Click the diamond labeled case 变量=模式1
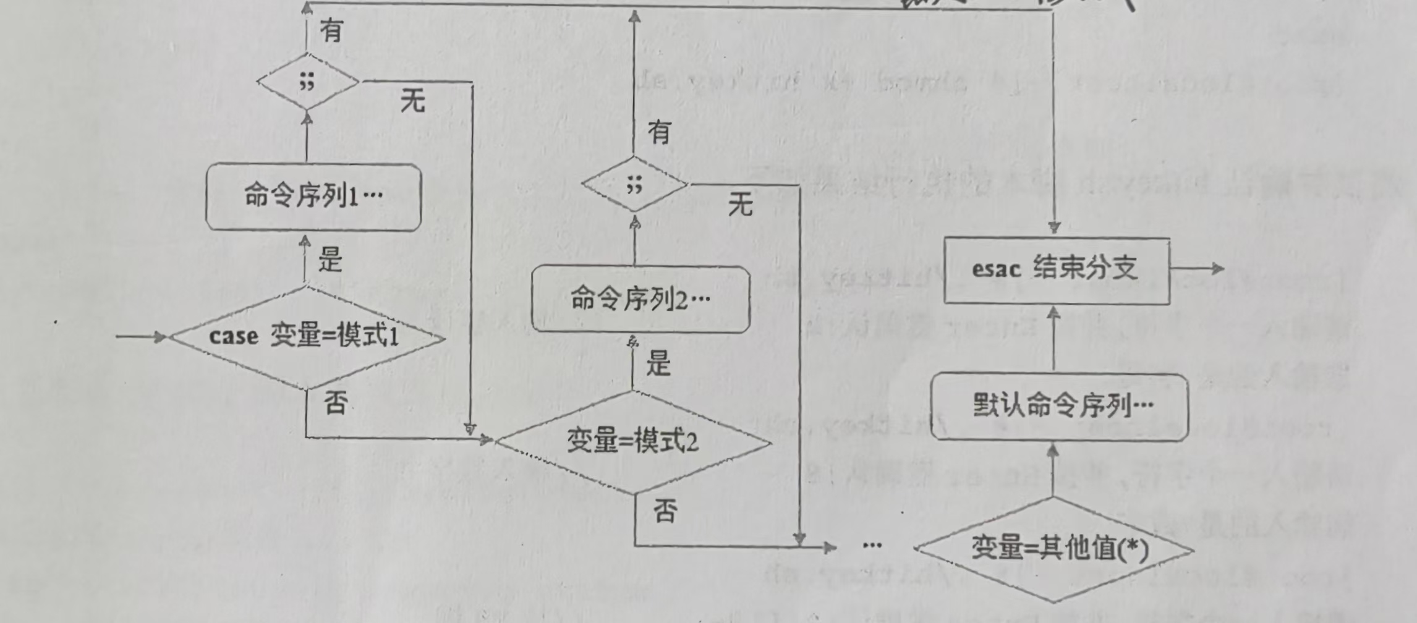(x=307, y=337)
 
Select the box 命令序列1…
(x=313, y=197)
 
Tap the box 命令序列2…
(x=640, y=300)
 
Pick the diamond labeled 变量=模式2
(x=633, y=442)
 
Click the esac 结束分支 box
(x=1057, y=270)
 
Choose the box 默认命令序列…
(x=1060, y=407)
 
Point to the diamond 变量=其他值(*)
(x=1054, y=549)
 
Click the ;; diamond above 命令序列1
(x=307, y=81)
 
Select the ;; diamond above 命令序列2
(x=634, y=184)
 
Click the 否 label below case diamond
(x=336, y=404)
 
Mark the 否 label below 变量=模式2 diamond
(x=665, y=511)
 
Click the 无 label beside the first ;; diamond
(x=412, y=100)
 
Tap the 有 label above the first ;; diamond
(x=331, y=30)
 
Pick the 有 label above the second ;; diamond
(x=659, y=132)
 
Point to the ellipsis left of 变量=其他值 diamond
(x=872, y=545)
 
